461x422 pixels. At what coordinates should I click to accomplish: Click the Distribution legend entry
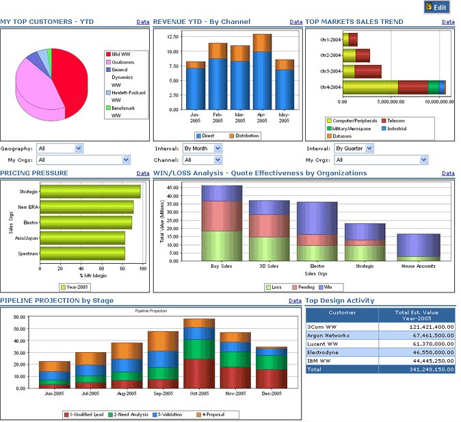243,136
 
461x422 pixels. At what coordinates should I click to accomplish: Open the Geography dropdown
60,148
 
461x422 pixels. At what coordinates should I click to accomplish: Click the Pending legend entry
304,287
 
